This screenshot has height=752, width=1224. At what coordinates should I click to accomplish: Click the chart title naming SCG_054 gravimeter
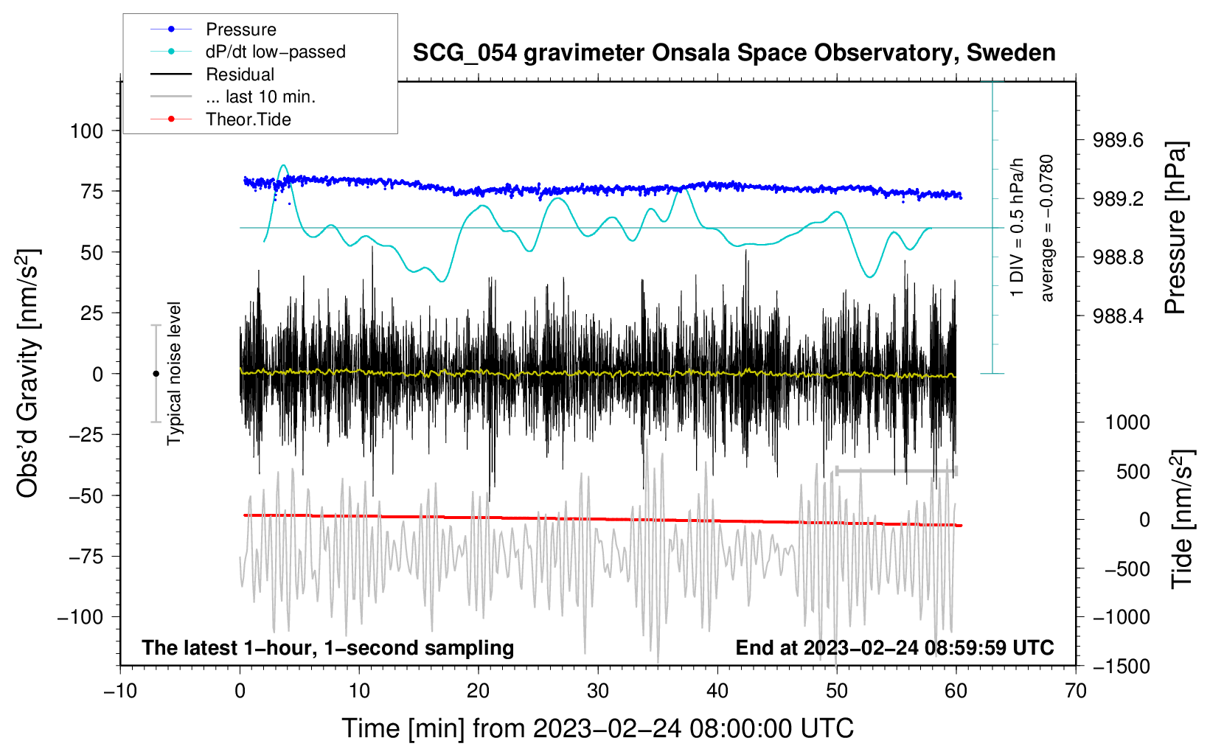[734, 53]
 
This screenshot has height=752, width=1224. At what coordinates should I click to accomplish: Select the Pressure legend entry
[240, 29]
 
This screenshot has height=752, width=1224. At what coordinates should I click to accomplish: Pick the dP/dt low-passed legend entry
[275, 52]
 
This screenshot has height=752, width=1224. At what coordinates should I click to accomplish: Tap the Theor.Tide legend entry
[248, 119]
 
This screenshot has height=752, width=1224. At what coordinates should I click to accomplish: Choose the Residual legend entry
[240, 74]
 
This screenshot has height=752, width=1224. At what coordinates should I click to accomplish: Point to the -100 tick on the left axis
[80, 617]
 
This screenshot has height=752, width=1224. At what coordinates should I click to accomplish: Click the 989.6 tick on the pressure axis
[1118, 140]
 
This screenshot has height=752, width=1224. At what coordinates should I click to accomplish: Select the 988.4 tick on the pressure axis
[1118, 316]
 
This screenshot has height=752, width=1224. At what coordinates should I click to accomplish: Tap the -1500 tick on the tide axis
[1122, 666]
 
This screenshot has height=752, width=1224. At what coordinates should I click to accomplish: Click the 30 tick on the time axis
[598, 692]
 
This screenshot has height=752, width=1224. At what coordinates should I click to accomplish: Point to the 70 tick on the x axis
[1076, 692]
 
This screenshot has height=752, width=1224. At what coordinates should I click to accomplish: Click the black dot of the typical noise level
[156, 374]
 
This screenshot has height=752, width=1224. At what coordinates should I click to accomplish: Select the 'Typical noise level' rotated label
[174, 373]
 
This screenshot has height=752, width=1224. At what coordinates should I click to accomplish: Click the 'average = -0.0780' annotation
[1047, 229]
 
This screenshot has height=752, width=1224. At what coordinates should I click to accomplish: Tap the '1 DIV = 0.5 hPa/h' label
[1018, 227]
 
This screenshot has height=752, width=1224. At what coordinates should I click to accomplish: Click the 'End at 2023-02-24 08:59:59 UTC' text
[894, 647]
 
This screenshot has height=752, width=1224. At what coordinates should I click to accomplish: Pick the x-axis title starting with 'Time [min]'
[598, 728]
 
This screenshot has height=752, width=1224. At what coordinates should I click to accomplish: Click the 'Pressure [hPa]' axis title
[1175, 229]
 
